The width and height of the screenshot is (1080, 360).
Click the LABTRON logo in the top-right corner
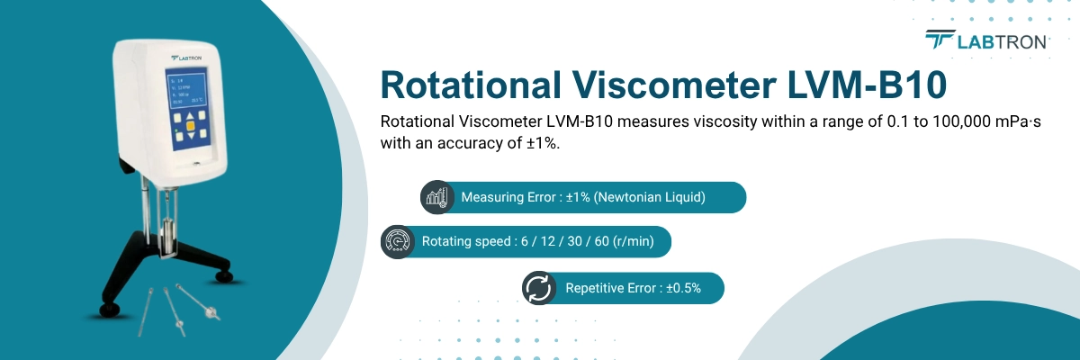[986, 40]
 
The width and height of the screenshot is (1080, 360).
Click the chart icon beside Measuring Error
[437, 197]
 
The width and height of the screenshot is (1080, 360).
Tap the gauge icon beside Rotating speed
[398, 241]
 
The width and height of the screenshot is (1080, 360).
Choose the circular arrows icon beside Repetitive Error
[538, 288]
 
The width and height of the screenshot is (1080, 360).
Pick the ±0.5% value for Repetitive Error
[683, 288]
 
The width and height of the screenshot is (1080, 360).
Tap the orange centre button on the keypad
[191, 126]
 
